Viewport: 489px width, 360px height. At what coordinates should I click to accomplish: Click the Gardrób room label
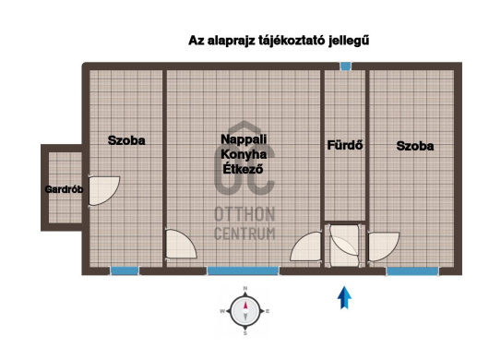[64, 189]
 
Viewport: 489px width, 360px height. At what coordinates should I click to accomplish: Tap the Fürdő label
[345, 145]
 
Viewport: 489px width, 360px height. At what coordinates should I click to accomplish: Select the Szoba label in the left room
[126, 140]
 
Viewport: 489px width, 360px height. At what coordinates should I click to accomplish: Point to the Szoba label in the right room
[415, 146]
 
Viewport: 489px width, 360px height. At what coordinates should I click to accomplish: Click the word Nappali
[244, 139]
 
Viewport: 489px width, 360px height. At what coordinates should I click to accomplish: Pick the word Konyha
[244, 154]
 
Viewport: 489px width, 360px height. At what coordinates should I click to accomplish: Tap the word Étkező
[243, 169]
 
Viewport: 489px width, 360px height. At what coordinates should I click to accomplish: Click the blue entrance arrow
[345, 297]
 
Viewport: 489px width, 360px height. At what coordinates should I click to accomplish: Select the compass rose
[245, 311]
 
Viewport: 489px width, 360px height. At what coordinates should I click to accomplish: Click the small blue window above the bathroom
[345, 66]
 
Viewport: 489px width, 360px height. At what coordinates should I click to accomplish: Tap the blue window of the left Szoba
[125, 270]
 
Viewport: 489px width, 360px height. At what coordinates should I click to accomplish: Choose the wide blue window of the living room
[243, 270]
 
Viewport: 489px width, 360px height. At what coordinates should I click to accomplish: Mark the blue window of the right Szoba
[412, 271]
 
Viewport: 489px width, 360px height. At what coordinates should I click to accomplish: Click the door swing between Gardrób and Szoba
[104, 190]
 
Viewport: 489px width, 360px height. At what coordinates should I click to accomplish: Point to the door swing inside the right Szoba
[384, 246]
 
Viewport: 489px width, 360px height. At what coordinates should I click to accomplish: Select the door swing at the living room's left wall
[181, 244]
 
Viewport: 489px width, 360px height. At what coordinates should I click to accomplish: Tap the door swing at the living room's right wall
[305, 246]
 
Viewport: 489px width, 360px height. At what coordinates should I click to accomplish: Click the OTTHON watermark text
[244, 214]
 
